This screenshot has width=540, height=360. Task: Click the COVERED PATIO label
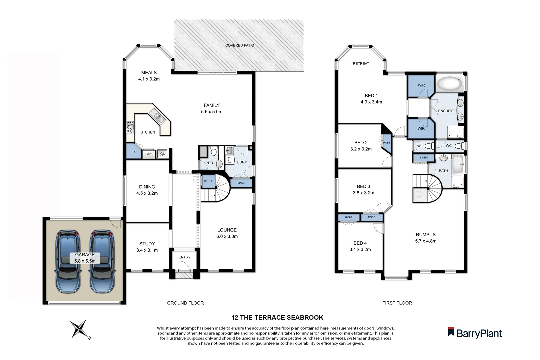click(x=239, y=45)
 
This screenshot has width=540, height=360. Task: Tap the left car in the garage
click(x=68, y=262)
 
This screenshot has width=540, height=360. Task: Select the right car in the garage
click(x=102, y=262)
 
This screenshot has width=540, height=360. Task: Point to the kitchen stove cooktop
click(x=130, y=127)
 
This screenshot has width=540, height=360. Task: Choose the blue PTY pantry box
click(x=133, y=152)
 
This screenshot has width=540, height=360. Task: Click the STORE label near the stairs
click(x=209, y=181)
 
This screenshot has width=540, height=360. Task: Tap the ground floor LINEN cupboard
click(x=241, y=183)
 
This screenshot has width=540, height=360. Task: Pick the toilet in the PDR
click(x=214, y=152)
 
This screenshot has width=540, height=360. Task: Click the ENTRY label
click(x=184, y=257)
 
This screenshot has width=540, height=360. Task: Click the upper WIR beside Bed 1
click(x=421, y=85)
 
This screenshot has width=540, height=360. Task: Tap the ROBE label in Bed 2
click(x=387, y=143)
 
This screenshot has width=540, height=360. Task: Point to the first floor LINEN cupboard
click(x=424, y=157)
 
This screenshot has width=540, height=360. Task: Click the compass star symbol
click(x=79, y=329)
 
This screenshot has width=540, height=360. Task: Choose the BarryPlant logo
click(x=475, y=333)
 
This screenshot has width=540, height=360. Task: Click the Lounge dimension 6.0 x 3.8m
click(x=227, y=236)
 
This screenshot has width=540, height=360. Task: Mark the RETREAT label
click(x=361, y=64)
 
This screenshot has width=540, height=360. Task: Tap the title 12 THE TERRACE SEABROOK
click(x=277, y=318)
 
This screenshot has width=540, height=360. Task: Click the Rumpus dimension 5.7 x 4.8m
click(x=426, y=241)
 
